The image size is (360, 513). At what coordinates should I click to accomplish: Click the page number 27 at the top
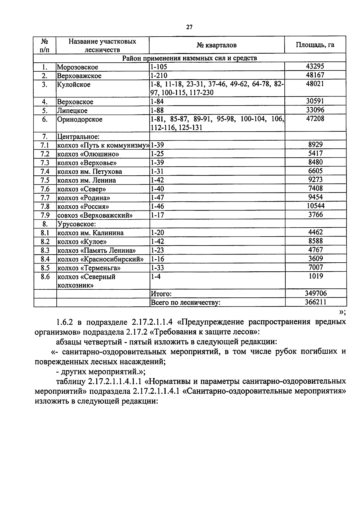(189, 27)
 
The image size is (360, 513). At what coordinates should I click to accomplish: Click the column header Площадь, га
(315, 45)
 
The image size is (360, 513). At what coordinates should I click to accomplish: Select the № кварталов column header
(217, 45)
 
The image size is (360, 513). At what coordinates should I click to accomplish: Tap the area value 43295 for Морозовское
(315, 67)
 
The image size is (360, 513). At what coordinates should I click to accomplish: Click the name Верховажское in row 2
(79, 76)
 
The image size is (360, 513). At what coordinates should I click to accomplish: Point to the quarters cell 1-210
(159, 76)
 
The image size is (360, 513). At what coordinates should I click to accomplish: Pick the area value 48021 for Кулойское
(315, 84)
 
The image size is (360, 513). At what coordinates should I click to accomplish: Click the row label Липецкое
(72, 111)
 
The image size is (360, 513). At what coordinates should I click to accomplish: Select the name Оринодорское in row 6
(80, 119)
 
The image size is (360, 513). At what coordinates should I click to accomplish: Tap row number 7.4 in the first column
(45, 171)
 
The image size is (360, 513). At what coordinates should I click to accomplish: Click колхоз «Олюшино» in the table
(88, 154)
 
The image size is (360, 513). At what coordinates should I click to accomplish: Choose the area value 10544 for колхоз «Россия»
(315, 206)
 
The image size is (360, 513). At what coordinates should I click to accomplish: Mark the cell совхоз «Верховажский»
(95, 215)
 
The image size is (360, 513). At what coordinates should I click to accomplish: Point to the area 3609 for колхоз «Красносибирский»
(316, 258)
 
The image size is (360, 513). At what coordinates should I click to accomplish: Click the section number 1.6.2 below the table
(65, 322)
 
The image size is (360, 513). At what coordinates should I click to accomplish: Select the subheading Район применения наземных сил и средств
(189, 58)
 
